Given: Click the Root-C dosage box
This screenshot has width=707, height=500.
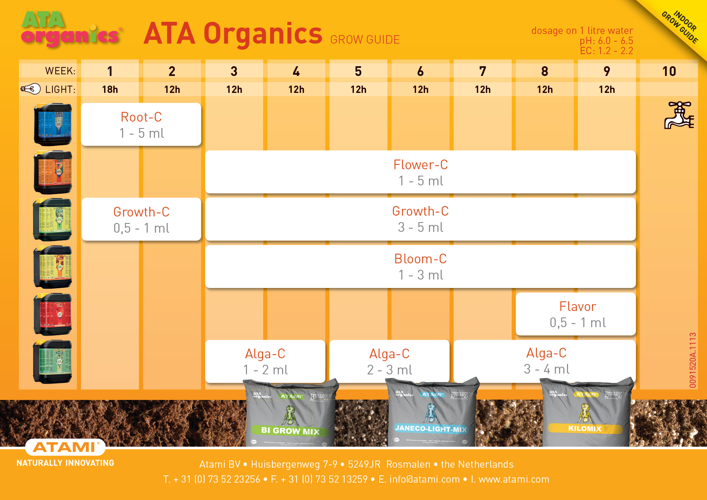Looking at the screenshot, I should coord(141,124).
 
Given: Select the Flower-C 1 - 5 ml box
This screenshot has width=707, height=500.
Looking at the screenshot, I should coord(420,172).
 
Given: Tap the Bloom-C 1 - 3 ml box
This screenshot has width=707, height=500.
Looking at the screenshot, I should coord(420,267).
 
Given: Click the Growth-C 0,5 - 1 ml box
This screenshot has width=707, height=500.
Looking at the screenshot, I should coord(141,219).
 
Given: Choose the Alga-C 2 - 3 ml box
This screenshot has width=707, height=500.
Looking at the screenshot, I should coord(389,361).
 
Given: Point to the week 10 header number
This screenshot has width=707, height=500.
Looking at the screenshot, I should coord(669,71).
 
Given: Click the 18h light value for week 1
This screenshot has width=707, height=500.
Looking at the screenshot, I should coord(110,89).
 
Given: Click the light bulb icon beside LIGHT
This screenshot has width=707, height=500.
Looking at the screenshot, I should coord(31,89).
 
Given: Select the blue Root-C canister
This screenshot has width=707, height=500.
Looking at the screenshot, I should coord(53,124).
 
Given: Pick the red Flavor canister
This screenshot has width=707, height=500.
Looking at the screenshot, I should coord(53,314).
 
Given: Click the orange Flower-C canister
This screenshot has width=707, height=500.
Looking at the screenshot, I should coord(53,172).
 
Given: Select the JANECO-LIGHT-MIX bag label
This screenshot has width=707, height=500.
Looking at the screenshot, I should coord(431,429).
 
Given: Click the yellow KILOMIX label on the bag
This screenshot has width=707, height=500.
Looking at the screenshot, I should coord(584,429).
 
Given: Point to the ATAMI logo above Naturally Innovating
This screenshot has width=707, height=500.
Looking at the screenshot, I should coord(65,447).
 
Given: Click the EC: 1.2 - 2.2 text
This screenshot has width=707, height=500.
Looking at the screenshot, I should coord(606,51).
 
